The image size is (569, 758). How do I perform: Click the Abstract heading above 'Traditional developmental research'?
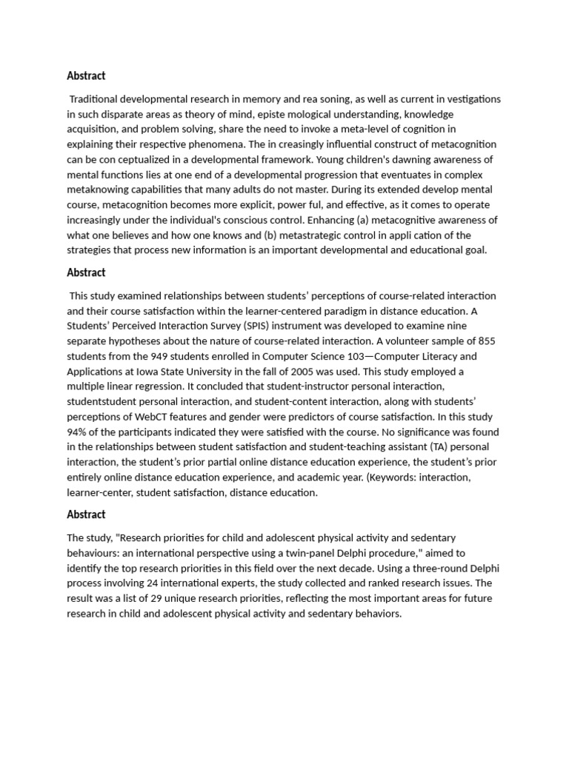click(86, 76)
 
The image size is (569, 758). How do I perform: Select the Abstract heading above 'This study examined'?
click(86, 272)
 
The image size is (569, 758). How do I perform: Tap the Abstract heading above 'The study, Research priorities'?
click(86, 514)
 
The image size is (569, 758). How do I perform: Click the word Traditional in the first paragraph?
click(97, 99)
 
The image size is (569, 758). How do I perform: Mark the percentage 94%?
click(79, 432)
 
